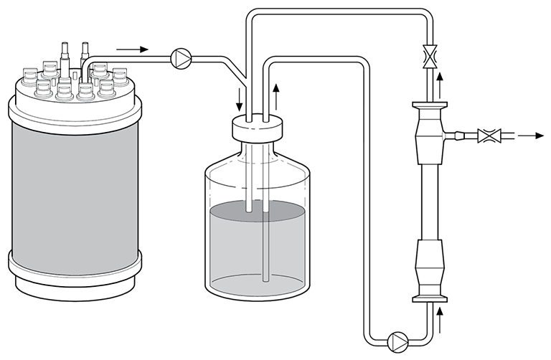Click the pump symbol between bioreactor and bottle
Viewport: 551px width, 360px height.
(x=181, y=57)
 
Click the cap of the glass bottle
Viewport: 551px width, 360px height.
(x=255, y=131)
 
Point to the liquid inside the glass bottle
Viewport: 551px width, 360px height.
(x=255, y=244)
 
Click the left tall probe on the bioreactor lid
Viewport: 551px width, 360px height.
(x=65, y=54)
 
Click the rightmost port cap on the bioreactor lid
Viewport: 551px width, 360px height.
(x=121, y=75)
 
